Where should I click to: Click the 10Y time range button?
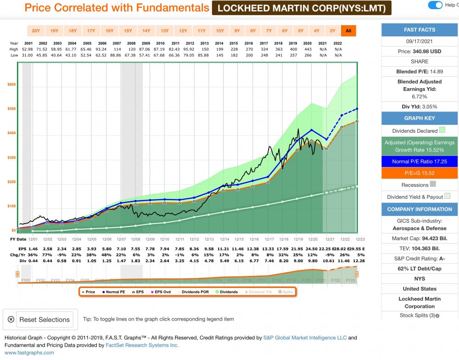pyautogui.click(x=220, y=31)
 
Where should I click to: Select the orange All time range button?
pyautogui.click(x=348, y=31)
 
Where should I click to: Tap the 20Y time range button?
pyautogui.click(x=36, y=31)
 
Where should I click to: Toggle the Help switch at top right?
pyautogui.click(x=435, y=6)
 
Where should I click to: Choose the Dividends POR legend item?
pyautogui.click(x=195, y=292)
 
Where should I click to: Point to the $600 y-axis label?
pyautogui.click(x=11, y=84)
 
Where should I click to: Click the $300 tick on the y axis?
pyautogui.click(x=11, y=157)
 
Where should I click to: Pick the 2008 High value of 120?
pyautogui.click(x=132, y=49)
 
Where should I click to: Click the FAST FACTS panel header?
pyautogui.click(x=420, y=30)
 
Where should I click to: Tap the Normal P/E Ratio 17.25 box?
pyautogui.click(x=420, y=162)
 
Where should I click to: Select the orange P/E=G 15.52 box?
pyautogui.click(x=420, y=173)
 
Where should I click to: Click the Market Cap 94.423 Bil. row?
pyautogui.click(x=420, y=238)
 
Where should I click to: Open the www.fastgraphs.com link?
pyautogui.click(x=29, y=353)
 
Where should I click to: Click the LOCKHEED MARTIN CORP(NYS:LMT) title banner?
pyautogui.click(x=302, y=8)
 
